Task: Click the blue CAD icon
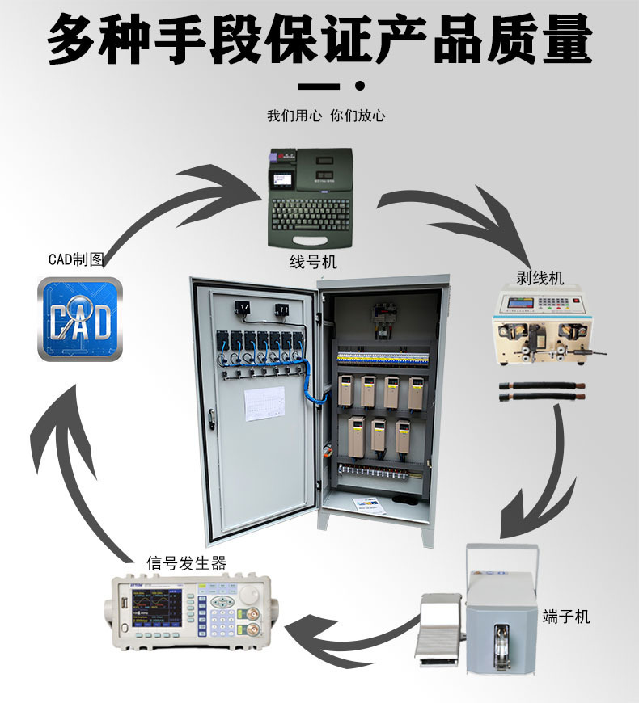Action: point(80,318)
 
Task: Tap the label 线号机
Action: point(313,262)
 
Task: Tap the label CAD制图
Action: point(76,259)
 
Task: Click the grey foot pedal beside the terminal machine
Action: point(437,630)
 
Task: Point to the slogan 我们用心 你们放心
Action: point(326,116)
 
